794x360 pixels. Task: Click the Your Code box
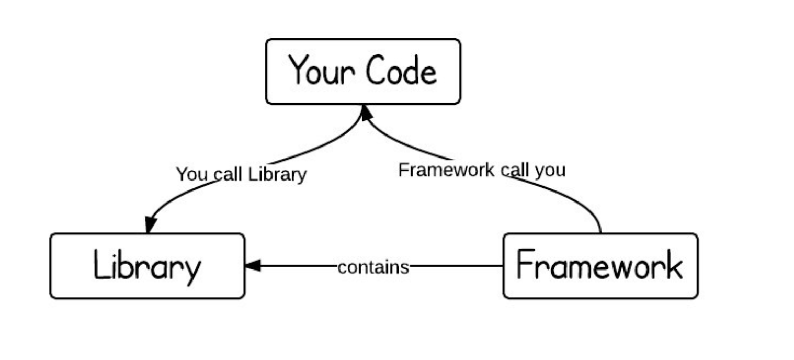(363, 71)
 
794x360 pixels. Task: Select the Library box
(147, 266)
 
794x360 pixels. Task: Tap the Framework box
(600, 266)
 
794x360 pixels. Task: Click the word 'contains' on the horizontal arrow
(373, 267)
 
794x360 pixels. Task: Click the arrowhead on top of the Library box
(151, 225)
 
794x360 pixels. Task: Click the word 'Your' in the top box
(321, 71)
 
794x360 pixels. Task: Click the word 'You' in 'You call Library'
(192, 174)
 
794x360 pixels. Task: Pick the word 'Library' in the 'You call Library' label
(277, 174)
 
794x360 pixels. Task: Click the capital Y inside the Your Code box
(299, 70)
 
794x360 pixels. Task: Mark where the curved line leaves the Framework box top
(600, 232)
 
